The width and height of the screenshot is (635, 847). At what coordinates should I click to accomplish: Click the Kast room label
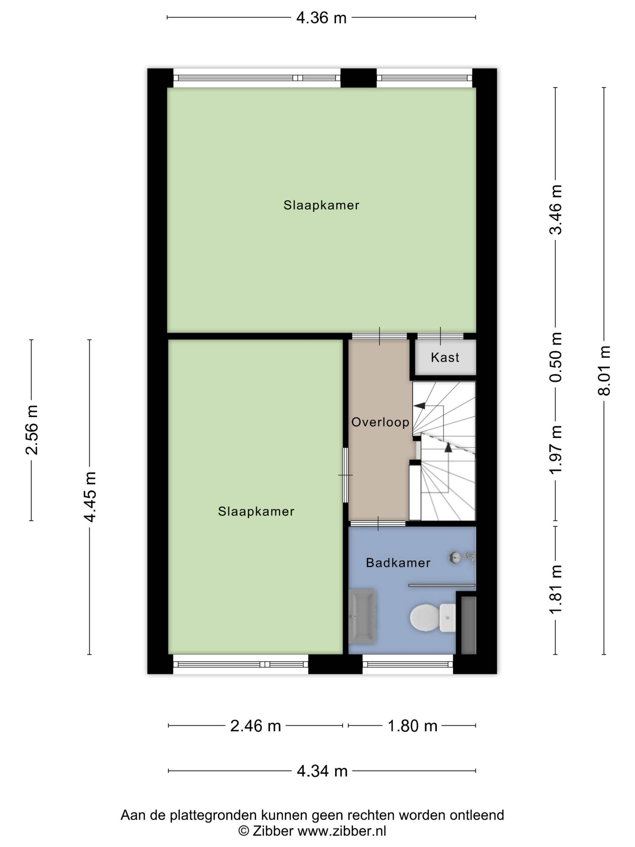[445, 357]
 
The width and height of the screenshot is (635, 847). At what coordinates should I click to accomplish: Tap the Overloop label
[380, 422]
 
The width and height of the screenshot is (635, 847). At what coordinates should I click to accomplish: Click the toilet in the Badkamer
[432, 618]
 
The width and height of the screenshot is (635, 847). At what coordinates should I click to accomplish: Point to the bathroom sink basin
[362, 616]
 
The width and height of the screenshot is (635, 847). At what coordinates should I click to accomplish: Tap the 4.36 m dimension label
[321, 18]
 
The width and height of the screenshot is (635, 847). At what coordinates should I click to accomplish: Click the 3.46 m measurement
[556, 209]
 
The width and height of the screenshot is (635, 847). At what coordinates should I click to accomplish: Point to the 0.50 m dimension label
[556, 357]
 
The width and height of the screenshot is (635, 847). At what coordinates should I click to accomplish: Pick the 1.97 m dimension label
[556, 450]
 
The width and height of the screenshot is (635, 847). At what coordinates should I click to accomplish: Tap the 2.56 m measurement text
[32, 430]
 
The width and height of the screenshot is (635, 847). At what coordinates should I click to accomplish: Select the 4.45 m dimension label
[90, 497]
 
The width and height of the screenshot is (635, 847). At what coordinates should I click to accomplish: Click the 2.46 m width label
[255, 726]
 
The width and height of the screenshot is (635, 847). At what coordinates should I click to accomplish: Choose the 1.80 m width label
[413, 726]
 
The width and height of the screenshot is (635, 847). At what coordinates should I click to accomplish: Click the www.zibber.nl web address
[342, 831]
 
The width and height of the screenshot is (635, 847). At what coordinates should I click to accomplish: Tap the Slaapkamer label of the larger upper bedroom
[321, 205]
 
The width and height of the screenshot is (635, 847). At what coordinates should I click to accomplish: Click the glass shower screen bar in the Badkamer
[442, 585]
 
